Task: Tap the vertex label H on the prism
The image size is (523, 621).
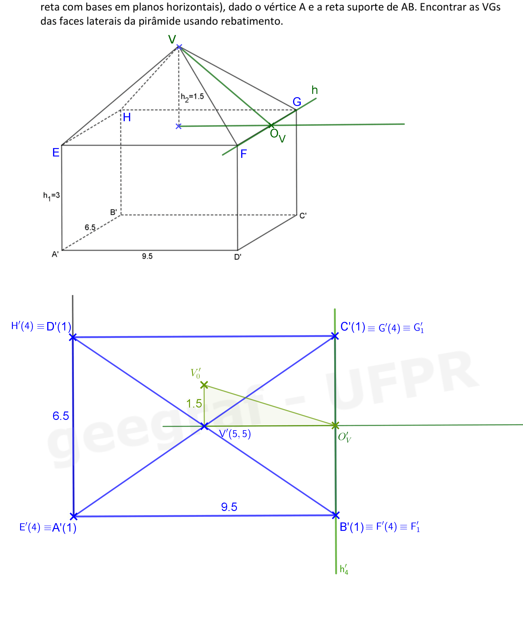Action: pos(127,117)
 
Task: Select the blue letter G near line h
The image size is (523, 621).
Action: pos(297,102)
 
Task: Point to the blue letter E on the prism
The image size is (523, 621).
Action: pos(56,152)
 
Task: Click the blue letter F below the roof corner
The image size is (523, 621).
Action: pos(244,154)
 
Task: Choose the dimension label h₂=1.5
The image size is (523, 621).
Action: pos(192,97)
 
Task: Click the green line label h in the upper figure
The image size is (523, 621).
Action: pos(315,90)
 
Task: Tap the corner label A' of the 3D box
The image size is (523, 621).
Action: pos(55,254)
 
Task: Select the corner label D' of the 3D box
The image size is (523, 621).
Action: pos(238,257)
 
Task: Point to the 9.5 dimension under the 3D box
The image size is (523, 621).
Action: pos(147,256)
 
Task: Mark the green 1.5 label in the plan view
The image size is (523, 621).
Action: pos(194,404)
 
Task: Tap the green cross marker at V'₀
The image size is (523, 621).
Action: pos(204,385)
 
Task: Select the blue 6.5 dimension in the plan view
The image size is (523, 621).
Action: pos(61,416)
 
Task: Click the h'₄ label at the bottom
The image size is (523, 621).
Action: pos(344,569)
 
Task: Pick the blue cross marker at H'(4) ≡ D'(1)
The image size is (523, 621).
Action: pos(73,337)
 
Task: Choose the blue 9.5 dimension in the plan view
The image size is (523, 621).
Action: pos(229,507)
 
